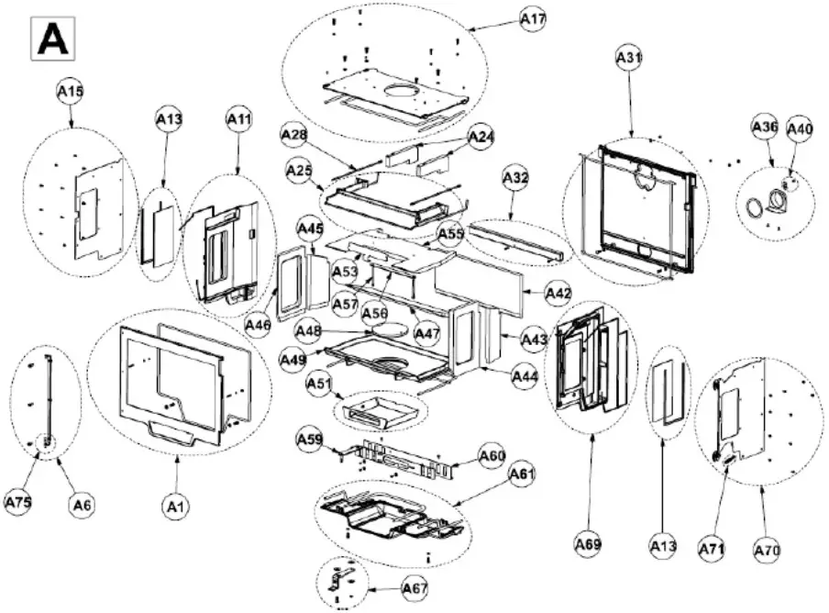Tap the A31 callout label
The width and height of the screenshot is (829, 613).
click(628, 58)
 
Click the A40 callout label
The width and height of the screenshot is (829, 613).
click(800, 129)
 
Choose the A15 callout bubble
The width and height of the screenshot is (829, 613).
click(71, 92)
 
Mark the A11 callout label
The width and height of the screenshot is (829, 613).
click(238, 118)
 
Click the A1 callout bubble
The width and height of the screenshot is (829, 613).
click(176, 505)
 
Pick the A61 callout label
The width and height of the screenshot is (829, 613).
click(522, 474)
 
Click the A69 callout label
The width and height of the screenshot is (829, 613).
click(588, 544)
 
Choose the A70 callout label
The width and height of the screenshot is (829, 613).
click(767, 550)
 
